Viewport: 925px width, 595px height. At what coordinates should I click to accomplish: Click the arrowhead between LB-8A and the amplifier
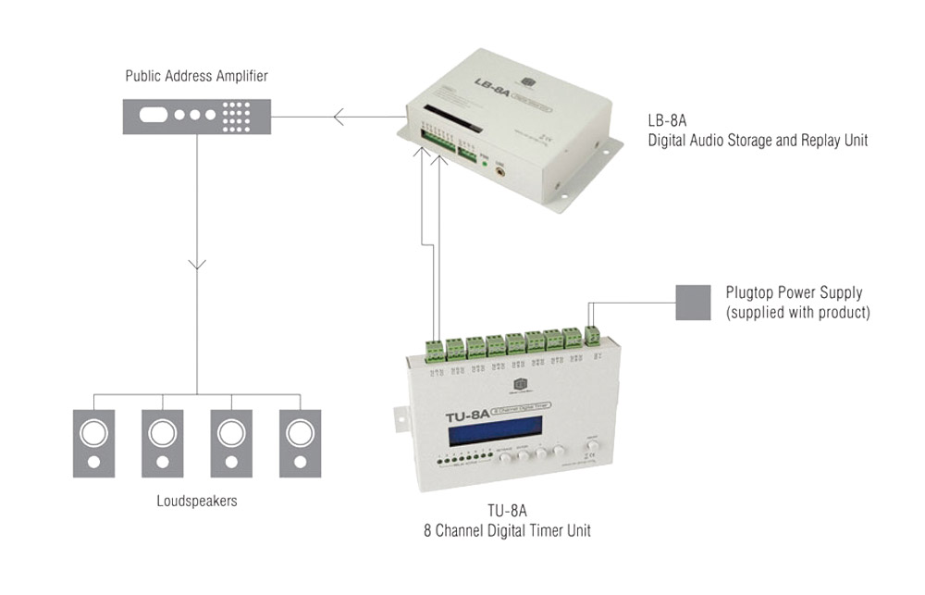pos(339,118)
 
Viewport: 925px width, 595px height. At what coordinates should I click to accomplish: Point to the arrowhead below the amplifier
pos(196,266)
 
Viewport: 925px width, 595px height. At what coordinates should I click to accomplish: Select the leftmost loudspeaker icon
pos(93,441)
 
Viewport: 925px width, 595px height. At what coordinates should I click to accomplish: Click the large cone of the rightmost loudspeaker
pos(300,432)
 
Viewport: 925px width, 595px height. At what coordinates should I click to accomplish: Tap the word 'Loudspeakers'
pos(196,501)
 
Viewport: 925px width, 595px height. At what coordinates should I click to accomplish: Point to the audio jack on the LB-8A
pos(502,169)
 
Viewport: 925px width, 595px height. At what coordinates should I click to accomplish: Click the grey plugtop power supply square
pos(693,303)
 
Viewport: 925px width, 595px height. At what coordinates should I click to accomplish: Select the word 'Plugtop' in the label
pos(750,292)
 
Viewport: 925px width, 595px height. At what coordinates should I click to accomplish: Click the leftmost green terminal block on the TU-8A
pos(435,349)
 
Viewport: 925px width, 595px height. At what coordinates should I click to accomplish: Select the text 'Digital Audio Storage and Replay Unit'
pos(758,141)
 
